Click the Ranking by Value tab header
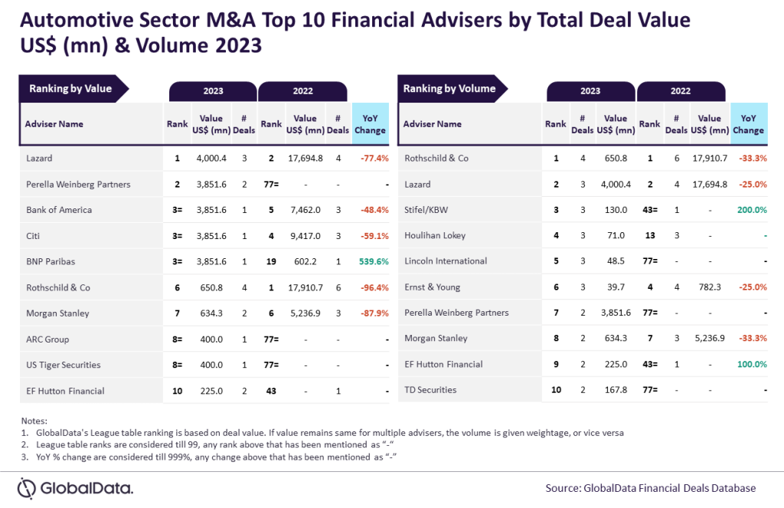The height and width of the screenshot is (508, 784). (70, 89)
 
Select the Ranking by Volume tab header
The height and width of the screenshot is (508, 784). (449, 89)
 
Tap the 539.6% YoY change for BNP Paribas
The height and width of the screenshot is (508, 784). (373, 261)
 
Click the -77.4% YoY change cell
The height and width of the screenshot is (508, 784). (373, 159)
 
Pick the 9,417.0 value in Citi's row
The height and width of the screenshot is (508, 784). (305, 235)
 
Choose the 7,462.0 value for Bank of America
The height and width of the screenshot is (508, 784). (305, 210)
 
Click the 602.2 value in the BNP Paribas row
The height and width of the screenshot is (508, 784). (305, 261)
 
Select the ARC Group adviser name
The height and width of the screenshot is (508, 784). (48, 339)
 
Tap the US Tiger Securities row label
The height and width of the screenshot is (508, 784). (63, 365)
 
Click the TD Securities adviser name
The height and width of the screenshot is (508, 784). (430, 390)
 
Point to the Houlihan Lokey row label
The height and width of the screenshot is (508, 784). (434, 235)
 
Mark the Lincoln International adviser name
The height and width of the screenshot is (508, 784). (445, 261)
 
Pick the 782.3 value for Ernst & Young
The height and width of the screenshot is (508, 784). (710, 287)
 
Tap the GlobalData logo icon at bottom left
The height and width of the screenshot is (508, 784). (28, 488)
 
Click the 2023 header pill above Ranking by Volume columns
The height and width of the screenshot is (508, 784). (590, 91)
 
